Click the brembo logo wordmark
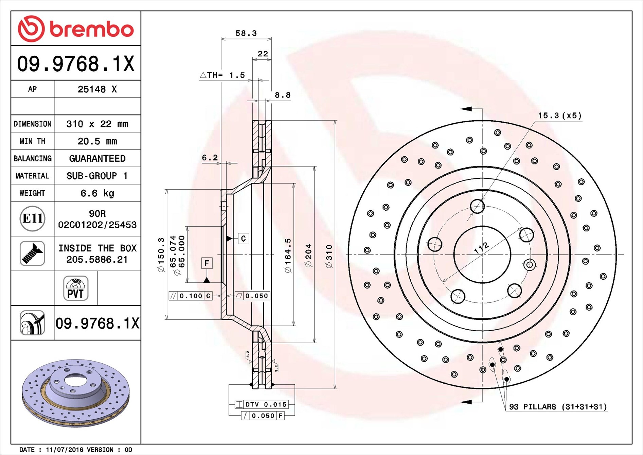92,29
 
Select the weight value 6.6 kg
97,193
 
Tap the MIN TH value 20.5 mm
97,141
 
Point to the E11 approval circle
33,218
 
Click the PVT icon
76,288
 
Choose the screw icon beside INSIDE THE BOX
32,253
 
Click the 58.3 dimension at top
246,33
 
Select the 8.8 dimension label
283,95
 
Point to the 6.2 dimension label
210,158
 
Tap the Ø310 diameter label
329,257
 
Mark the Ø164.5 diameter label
288,255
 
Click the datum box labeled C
243,239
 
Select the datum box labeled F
207,263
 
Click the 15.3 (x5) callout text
560,116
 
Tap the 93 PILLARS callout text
558,407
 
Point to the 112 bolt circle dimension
482,248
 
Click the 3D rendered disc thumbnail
76,393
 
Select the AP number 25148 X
97,89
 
